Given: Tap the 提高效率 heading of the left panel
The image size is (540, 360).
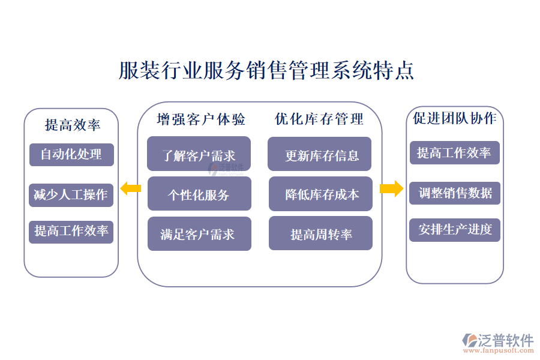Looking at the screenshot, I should coord(72,125).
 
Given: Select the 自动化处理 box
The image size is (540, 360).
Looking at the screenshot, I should coord(71,155).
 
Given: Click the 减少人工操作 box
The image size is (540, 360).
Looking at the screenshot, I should coord(71,194).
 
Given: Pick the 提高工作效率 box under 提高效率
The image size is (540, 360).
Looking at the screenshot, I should coord(71,231).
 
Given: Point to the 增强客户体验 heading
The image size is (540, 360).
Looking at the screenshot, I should coord(201,119).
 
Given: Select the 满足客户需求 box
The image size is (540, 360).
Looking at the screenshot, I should coord(199,233).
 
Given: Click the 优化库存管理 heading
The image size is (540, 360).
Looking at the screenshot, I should coord(319,119).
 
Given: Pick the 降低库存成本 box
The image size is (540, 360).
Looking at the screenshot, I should coord(320,194).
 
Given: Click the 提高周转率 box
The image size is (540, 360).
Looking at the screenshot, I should coord(320,233).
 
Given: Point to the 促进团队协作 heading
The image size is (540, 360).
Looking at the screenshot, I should coord(455,119).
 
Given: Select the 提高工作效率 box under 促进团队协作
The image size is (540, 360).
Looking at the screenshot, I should coord(454,153).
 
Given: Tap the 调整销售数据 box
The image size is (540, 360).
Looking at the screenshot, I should coord(454,193).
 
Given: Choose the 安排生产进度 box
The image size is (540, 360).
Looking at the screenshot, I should coord(454,229).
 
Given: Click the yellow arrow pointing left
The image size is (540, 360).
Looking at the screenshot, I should coord(130,189).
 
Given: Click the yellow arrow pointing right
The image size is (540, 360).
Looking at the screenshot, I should coord(392,189).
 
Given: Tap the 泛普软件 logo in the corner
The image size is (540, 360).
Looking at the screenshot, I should coord(497,341).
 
